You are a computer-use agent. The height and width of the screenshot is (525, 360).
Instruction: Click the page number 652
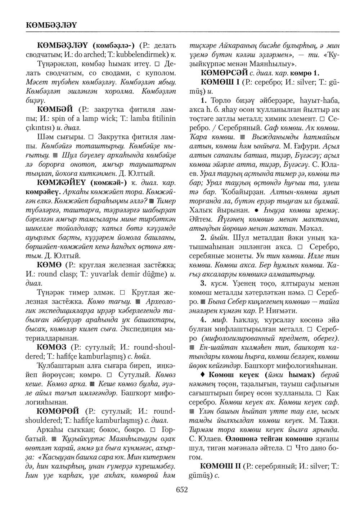coord(182,489)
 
